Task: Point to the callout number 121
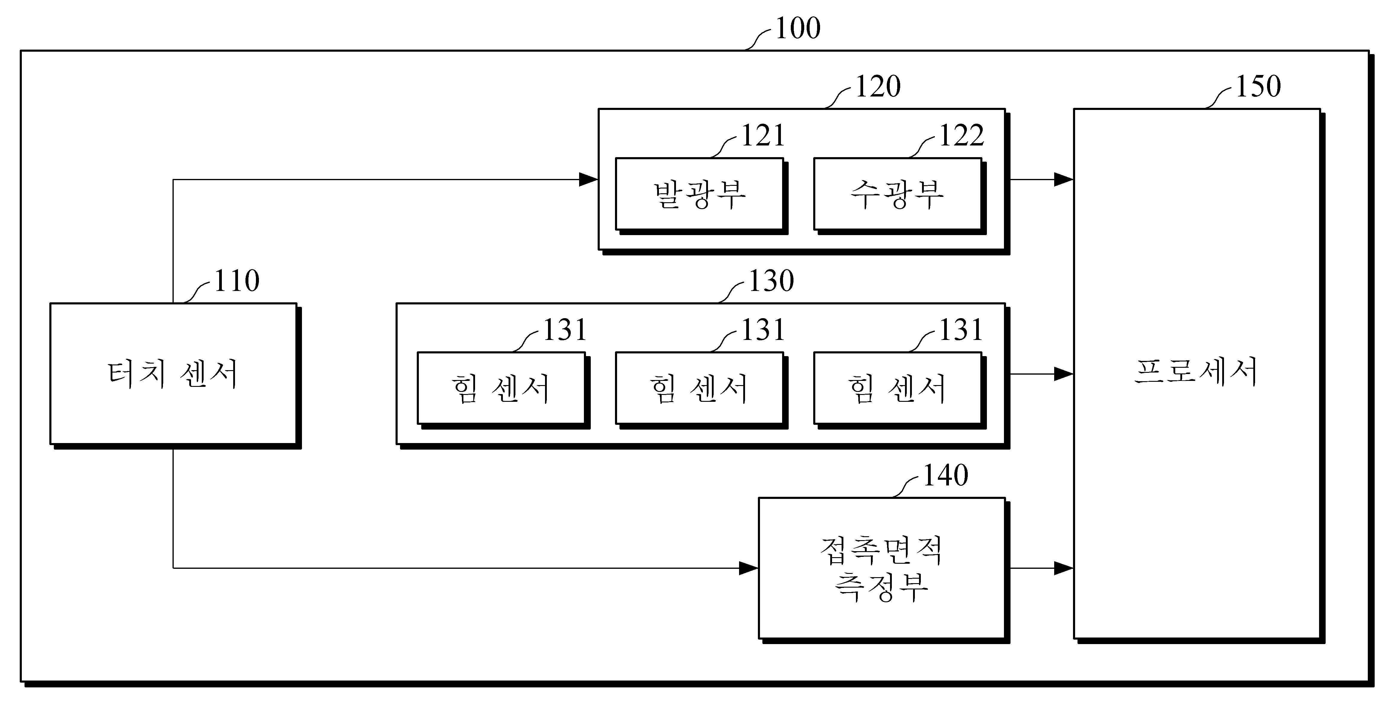pos(762,135)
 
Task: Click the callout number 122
pos(961,135)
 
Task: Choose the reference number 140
pos(945,476)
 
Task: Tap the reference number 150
pos(1258,87)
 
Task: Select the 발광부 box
pos(699,194)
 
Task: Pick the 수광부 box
pos(897,194)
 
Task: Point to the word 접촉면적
pos(881,550)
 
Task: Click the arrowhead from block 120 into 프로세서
pos(1063,180)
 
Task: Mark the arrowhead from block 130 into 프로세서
pos(1063,374)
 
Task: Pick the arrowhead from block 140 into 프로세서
pos(1063,568)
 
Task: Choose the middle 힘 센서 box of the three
pos(699,388)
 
